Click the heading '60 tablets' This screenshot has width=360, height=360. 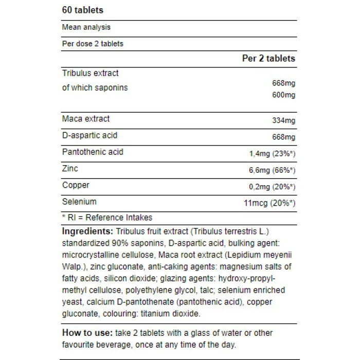click(x=82, y=10)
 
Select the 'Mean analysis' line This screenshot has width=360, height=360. click(x=86, y=27)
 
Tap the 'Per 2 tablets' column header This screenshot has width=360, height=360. click(x=268, y=59)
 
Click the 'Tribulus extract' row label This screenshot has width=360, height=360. click(x=90, y=74)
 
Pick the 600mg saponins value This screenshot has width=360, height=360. click(x=283, y=95)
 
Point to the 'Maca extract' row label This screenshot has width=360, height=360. click(x=85, y=119)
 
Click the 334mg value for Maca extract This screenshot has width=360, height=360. click(x=283, y=121)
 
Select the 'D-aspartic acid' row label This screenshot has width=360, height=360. click(x=89, y=135)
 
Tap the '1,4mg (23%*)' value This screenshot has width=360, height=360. click(x=271, y=154)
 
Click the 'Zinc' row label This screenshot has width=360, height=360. click(x=70, y=169)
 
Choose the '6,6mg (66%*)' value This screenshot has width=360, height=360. click(x=271, y=170)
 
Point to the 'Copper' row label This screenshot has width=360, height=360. click(x=76, y=185)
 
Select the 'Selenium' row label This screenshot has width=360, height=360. click(x=79, y=202)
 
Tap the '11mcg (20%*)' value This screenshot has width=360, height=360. click(x=269, y=204)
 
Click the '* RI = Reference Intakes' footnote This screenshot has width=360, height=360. click(x=107, y=218)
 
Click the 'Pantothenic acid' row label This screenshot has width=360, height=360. click(x=93, y=152)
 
